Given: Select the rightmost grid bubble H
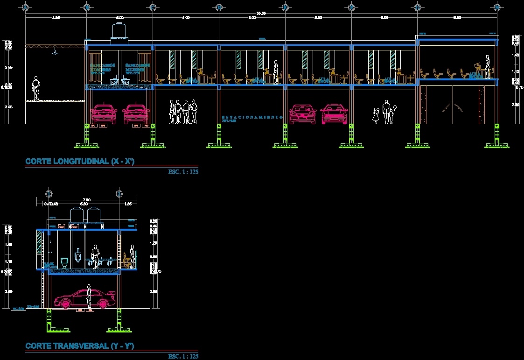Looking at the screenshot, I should pyautogui.click(x=497, y=7).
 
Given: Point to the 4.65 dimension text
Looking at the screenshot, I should pyautogui.click(x=56, y=18).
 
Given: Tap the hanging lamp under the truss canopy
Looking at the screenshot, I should pyautogui.click(x=55, y=53).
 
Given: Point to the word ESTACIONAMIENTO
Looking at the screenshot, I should pyautogui.click(x=252, y=117).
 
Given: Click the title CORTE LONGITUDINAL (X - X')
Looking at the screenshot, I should pyautogui.click(x=80, y=162).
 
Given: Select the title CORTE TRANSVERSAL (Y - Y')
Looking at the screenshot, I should pyautogui.click(x=80, y=346).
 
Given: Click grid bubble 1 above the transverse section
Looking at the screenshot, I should pyautogui.click(x=48, y=194).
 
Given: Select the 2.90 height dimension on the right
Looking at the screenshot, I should pyautogui.click(x=515, y=105).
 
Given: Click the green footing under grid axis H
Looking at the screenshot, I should pyautogui.click(x=496, y=140).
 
